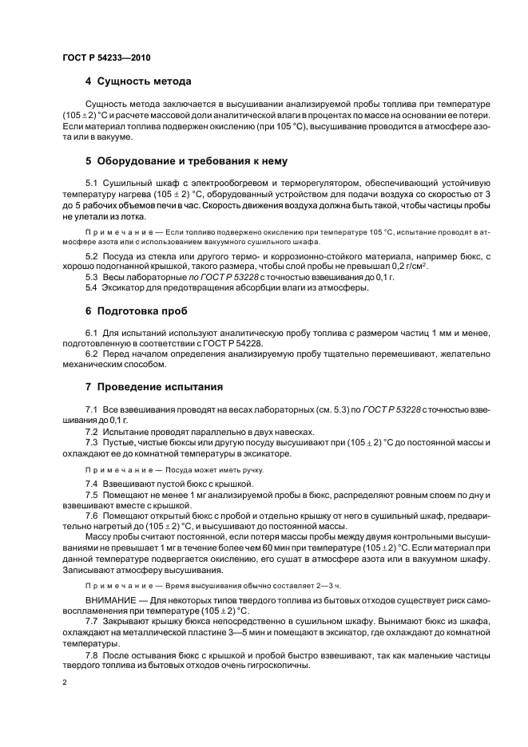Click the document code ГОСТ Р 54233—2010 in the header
pyautogui.click(x=106, y=58)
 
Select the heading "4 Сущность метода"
pyautogui.click(x=138, y=81)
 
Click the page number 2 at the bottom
pyautogui.click(x=65, y=682)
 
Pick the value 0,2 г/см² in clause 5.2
pyautogui.click(x=407, y=265)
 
